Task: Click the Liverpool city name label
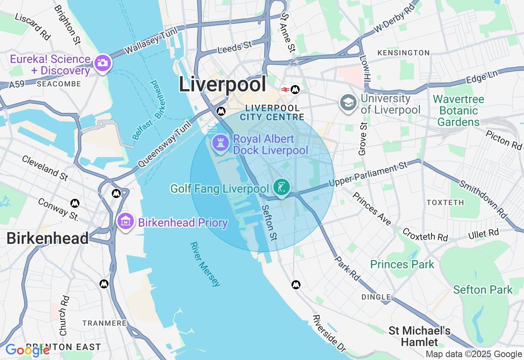(222, 85)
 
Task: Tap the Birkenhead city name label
(47, 239)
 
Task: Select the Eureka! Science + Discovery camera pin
(102, 63)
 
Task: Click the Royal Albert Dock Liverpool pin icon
(221, 143)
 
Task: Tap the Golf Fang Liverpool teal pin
(282, 188)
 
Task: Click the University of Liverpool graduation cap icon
(348, 103)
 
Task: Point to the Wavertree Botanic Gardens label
(458, 111)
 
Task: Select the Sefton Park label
(483, 290)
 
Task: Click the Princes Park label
(402, 264)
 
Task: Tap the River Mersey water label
(205, 264)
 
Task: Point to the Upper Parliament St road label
(368, 174)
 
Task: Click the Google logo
(27, 350)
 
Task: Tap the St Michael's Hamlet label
(420, 336)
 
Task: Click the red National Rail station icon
(285, 90)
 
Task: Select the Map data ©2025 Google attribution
(474, 354)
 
